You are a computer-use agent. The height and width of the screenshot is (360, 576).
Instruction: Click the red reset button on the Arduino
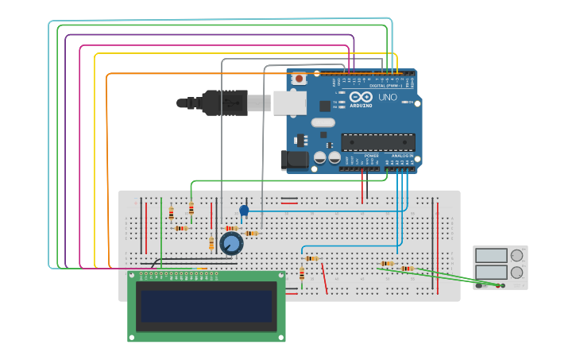[x=300, y=78]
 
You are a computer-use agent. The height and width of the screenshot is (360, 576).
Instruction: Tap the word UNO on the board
[x=387, y=97]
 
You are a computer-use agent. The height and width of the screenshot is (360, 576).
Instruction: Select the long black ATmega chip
[x=377, y=142]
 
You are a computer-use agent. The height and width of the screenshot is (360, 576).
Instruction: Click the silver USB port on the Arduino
[x=290, y=103]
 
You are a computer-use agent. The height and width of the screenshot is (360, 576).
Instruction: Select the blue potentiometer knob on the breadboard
[x=231, y=243]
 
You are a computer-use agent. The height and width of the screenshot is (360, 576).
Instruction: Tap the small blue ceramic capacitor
[x=244, y=211]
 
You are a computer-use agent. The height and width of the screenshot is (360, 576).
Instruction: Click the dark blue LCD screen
[x=206, y=306]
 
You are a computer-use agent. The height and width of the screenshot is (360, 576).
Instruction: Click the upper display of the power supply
[x=491, y=255]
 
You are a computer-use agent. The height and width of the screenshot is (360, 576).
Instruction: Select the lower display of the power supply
[x=491, y=272]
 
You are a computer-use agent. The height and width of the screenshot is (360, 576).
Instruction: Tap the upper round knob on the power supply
[x=517, y=255]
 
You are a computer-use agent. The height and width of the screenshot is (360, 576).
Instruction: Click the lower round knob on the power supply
[x=517, y=272]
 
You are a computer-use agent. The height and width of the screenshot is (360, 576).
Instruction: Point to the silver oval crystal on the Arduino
[x=323, y=122]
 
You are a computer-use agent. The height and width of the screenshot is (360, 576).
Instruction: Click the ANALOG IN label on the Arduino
[x=402, y=156]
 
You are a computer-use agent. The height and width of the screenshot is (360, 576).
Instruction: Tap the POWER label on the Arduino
[x=372, y=156]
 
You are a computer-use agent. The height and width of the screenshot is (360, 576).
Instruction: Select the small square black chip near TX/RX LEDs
[x=324, y=106]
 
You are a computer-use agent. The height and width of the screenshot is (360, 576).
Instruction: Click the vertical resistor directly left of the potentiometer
[x=211, y=243]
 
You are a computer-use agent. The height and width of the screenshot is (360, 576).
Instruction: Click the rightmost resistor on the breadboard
[x=407, y=269]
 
